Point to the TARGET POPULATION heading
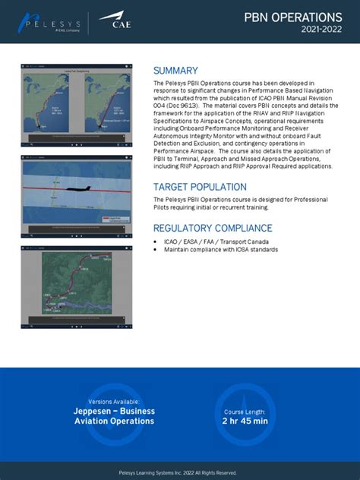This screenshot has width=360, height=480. tap(200, 187)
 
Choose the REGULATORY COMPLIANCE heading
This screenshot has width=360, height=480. tap(213, 228)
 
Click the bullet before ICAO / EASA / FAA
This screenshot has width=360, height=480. tap(156, 242)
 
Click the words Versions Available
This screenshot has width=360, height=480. tap(114, 402)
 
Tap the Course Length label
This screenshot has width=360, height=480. tap(245, 411)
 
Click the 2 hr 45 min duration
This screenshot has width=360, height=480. tap(245, 421)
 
